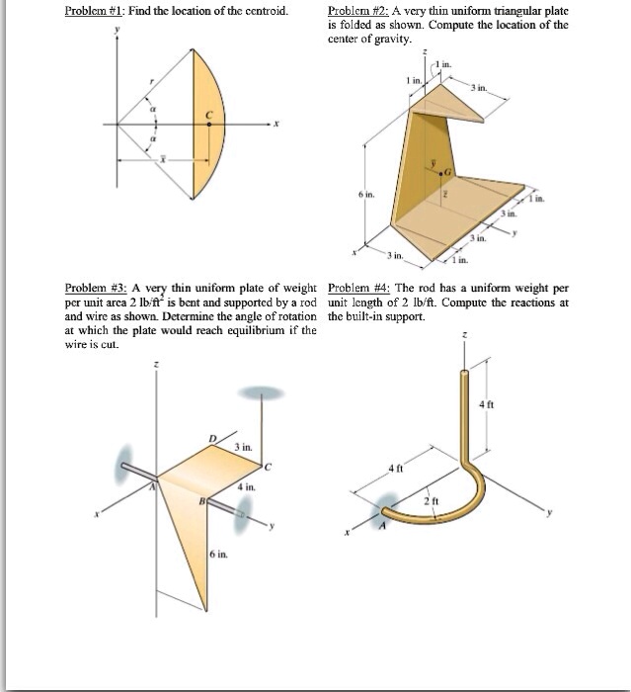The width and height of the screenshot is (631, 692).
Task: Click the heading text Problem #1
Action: click(x=94, y=11)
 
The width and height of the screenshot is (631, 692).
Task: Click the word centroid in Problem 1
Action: click(x=263, y=11)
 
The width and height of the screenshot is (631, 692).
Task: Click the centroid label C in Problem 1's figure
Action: click(x=208, y=117)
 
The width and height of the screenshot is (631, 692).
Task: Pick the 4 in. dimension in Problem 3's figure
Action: click(x=246, y=486)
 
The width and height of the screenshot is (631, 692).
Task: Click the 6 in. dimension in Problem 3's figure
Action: click(x=216, y=556)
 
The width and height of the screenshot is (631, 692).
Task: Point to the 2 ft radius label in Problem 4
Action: click(x=431, y=501)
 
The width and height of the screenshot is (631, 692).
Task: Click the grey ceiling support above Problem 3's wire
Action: click(x=261, y=392)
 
